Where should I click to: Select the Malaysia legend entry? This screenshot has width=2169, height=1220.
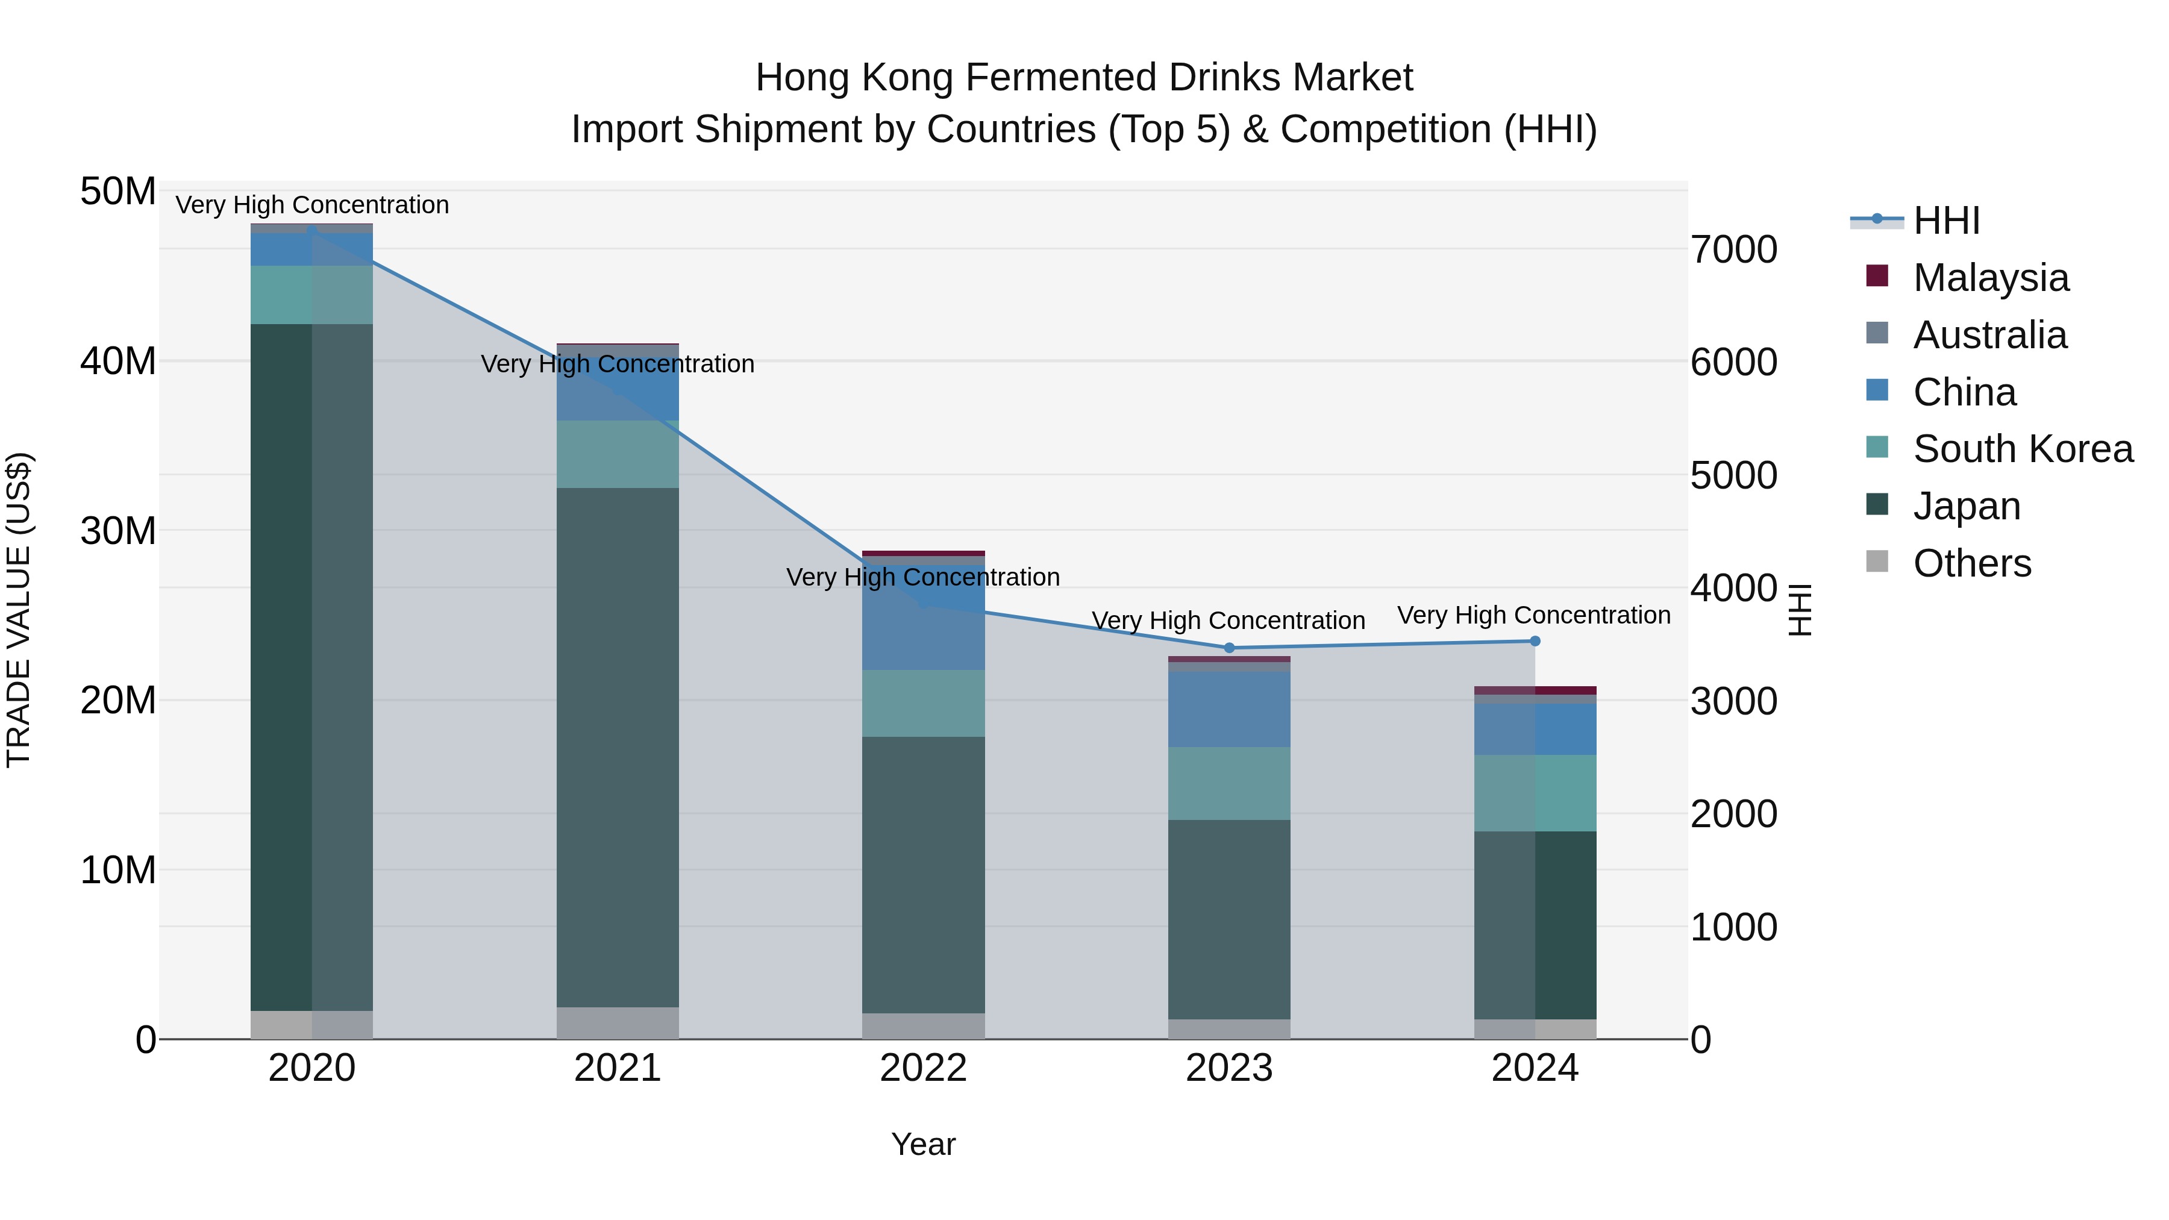point(1989,278)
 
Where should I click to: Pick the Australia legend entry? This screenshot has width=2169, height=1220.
point(1989,335)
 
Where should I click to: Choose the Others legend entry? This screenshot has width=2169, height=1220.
point(1971,563)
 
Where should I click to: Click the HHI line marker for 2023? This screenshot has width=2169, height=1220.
point(1228,648)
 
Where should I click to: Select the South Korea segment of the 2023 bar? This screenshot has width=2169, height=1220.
point(1228,783)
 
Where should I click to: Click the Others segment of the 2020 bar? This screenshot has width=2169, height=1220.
point(311,1025)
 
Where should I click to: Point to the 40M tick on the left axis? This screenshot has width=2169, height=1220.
point(118,362)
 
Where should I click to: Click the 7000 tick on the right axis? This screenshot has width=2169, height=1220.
point(1733,250)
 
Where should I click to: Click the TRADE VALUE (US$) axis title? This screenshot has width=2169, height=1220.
point(19,610)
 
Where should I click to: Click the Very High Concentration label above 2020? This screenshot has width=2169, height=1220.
point(311,205)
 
